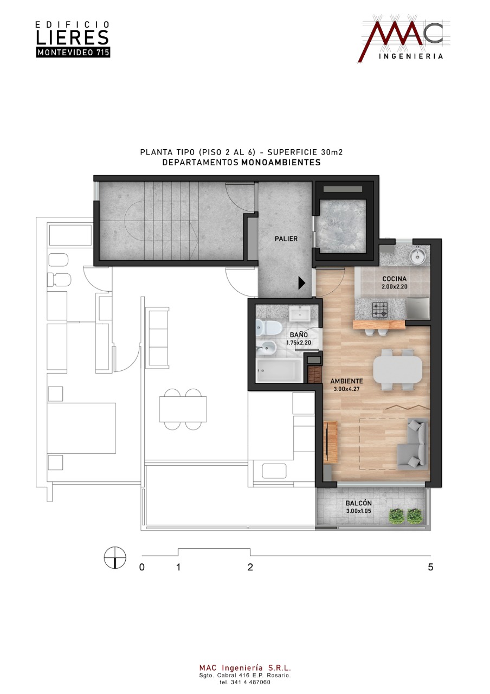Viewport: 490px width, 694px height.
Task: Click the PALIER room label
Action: pos(286,239)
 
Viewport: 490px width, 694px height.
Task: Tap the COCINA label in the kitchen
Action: pos(394,279)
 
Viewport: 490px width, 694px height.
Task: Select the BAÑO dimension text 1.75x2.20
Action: pos(299,343)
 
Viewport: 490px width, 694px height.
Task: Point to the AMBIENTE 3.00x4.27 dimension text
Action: pos(346,389)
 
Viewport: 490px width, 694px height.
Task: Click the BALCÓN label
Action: pos(359,504)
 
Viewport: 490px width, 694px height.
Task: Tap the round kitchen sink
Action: pos(418,255)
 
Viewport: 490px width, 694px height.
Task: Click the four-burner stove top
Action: pos(380,309)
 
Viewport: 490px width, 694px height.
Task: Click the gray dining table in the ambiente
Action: pos(398,370)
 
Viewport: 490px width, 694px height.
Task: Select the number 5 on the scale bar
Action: pos(430,567)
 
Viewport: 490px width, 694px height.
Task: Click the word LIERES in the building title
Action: pos(73,37)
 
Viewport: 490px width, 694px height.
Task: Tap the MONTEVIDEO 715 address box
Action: pos(73,53)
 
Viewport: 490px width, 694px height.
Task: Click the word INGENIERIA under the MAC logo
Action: pos(411,56)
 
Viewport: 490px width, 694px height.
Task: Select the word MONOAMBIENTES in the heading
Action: pos(281,162)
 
